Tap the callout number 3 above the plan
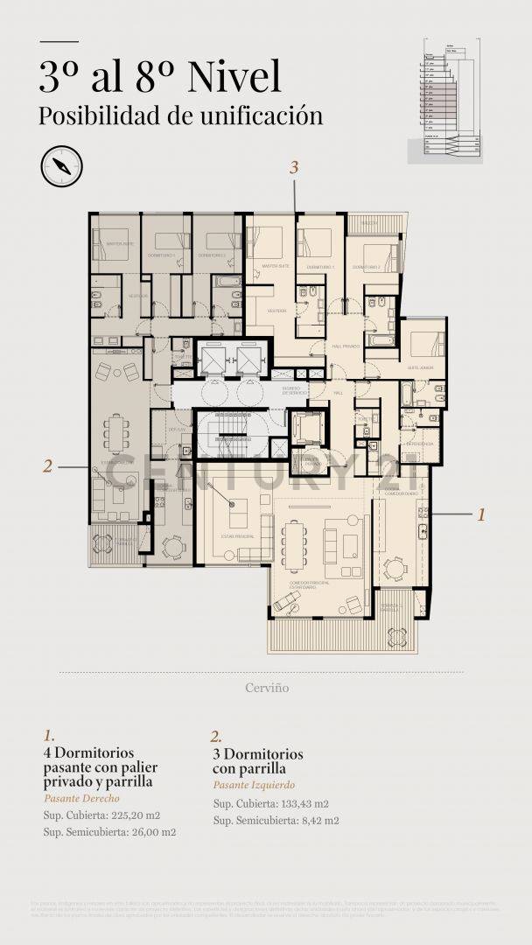(x=295, y=166)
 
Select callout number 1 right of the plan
(x=480, y=514)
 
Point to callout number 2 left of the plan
(x=48, y=466)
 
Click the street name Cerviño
(x=267, y=688)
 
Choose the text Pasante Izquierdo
(x=254, y=785)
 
